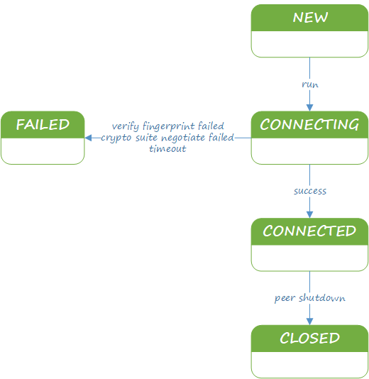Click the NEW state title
tap(310, 18)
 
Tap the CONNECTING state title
tap(309, 124)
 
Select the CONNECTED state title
tap(309, 231)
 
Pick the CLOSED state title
tap(310, 338)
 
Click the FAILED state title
tap(43, 124)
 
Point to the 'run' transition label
tap(310, 84)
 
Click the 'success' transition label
tap(310, 191)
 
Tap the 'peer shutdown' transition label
tap(310, 298)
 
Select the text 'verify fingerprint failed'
tap(168, 126)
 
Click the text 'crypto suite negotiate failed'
tap(167, 138)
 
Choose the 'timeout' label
tap(167, 148)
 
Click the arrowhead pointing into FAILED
tap(88, 138)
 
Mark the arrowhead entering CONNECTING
tap(310, 108)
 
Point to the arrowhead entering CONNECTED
tap(310, 214)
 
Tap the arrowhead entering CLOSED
tap(310, 322)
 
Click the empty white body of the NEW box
tap(309, 44)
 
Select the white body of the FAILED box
tap(43, 151)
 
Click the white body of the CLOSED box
tap(309, 365)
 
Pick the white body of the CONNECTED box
tap(309, 258)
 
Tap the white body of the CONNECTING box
tap(309, 151)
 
